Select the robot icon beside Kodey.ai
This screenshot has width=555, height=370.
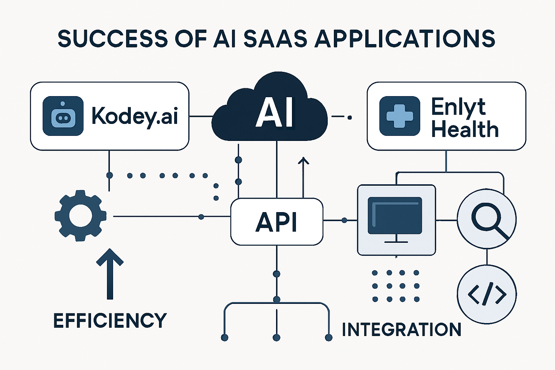(x=63, y=116)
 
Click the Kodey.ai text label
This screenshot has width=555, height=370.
(x=134, y=116)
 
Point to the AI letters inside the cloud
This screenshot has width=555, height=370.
(x=275, y=112)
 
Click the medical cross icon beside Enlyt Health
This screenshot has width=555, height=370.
(x=399, y=116)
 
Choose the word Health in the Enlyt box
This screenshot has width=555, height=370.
(x=465, y=129)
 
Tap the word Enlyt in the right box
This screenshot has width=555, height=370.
(x=458, y=107)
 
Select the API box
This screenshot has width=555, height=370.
(x=276, y=221)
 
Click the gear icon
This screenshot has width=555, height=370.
(x=80, y=216)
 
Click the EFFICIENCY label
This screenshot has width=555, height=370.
(x=110, y=320)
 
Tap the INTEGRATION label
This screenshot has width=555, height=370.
(x=401, y=330)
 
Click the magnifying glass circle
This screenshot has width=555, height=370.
(x=487, y=219)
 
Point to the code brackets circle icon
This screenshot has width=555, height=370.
(x=487, y=294)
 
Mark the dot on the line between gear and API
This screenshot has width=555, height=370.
(x=201, y=217)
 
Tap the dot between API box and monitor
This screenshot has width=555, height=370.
(x=344, y=220)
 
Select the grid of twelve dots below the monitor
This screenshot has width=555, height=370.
(x=396, y=286)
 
